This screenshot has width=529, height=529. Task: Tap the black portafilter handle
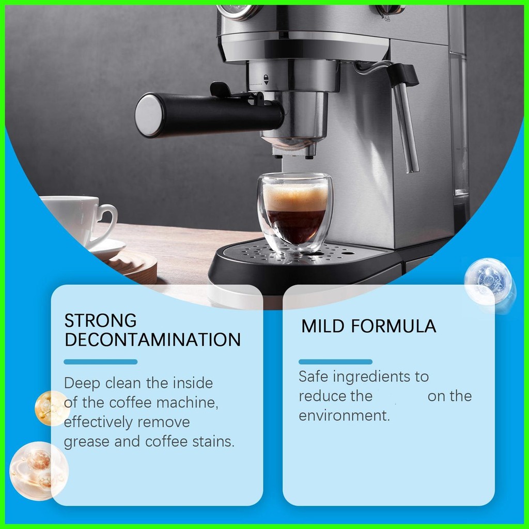pyautogui.click(x=209, y=114)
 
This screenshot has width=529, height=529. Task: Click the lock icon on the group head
pyautogui.click(x=266, y=80)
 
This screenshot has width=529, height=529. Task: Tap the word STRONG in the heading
pyautogui.click(x=101, y=320)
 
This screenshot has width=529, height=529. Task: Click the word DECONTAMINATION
pyautogui.click(x=152, y=339)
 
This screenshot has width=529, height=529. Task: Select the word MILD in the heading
pyautogui.click(x=322, y=326)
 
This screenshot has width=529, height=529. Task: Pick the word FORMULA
pyautogui.click(x=393, y=326)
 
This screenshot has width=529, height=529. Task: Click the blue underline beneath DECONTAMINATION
pyautogui.click(x=101, y=362)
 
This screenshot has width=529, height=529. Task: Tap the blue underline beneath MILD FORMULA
pyautogui.click(x=335, y=362)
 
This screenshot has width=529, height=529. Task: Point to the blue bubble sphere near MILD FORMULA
pyautogui.click(x=489, y=284)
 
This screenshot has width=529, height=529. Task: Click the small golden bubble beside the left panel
pyautogui.click(x=52, y=408)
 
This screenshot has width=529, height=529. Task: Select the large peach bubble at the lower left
pyautogui.click(x=38, y=471)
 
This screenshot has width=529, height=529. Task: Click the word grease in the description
pyautogui.click(x=86, y=442)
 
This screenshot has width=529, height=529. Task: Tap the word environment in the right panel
pyautogui.click(x=344, y=416)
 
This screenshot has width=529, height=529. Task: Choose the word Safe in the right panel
pyautogui.click(x=314, y=377)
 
